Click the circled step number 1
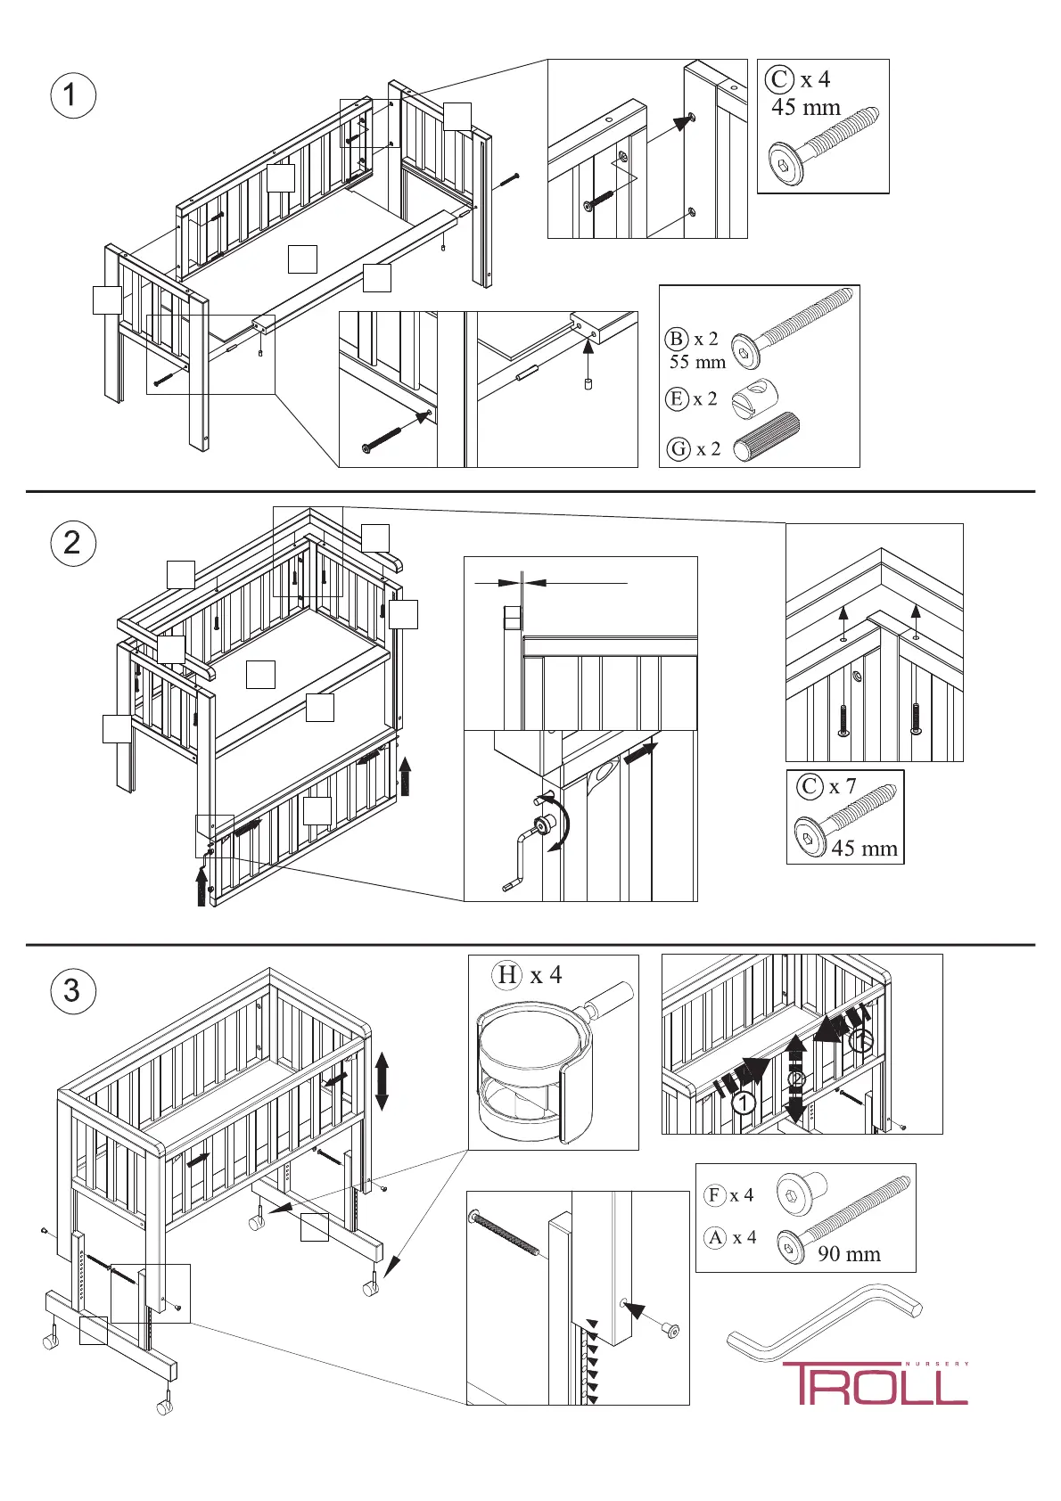point(72,95)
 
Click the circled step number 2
point(72,543)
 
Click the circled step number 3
point(72,991)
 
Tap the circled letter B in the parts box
point(677,339)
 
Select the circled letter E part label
point(677,398)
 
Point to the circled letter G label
point(679,448)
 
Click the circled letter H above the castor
point(507,975)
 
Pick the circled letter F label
point(715,1194)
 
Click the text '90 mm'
point(849,1254)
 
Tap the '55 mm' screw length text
point(697,362)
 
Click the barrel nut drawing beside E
point(755,398)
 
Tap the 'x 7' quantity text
point(843,786)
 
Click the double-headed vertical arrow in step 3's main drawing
point(382,1080)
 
